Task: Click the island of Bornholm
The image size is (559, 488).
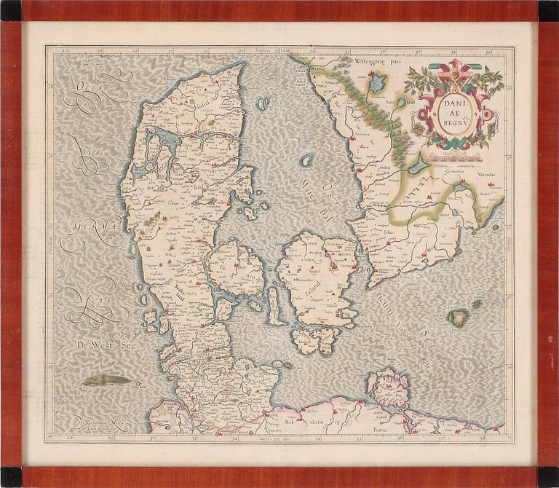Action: point(458,317)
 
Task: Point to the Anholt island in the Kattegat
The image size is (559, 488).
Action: point(307,160)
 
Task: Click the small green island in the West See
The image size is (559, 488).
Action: point(106,379)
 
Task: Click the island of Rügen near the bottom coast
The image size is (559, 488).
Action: point(389,387)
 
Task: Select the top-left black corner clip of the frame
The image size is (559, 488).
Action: point(11,9)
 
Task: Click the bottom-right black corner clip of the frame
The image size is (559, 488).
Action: point(548,477)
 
